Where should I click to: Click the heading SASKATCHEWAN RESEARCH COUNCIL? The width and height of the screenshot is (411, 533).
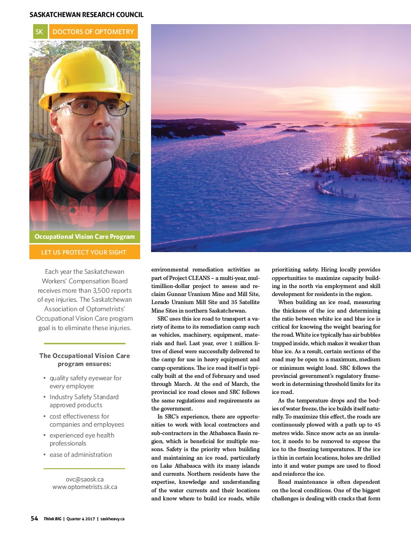click(86, 15)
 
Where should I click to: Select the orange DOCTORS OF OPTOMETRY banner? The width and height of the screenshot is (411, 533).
click(93, 32)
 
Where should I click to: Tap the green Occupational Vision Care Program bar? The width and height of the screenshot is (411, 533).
click(85, 236)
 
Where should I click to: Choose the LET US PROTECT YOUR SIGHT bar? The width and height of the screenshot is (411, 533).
click(85, 252)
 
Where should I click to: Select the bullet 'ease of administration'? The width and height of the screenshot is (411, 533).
click(80, 454)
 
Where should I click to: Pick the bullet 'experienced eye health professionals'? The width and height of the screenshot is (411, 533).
click(81, 439)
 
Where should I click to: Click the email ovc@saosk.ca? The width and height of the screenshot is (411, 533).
click(85, 479)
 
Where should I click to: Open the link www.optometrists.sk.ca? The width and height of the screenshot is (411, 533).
click(85, 487)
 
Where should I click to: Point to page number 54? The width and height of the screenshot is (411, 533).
click(35, 518)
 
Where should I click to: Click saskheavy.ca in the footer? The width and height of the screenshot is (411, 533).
click(112, 519)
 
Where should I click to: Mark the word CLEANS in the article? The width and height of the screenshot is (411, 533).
click(196, 278)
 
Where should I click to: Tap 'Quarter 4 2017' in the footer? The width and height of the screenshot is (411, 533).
click(80, 519)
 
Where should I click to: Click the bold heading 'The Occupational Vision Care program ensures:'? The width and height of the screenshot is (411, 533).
click(84, 359)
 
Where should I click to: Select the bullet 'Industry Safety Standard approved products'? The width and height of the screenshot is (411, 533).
click(84, 401)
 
